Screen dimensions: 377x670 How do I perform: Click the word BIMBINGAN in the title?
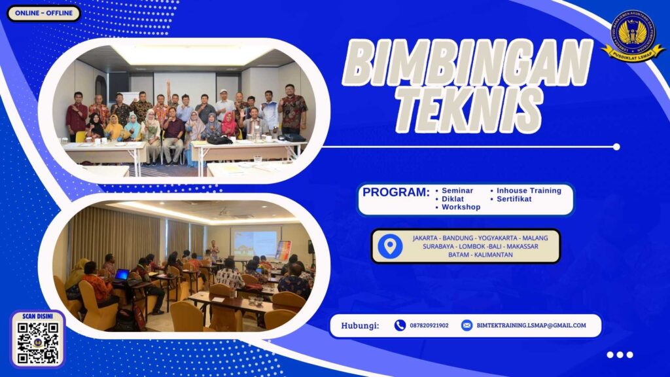click(x=468, y=65)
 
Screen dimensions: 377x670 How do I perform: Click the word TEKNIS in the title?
click(x=468, y=104)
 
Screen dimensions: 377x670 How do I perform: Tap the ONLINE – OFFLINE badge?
click(x=43, y=13)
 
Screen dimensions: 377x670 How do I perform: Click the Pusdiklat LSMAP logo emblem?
click(x=633, y=36)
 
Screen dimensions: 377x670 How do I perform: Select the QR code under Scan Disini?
click(x=38, y=342)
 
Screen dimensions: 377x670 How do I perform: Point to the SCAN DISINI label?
click(x=37, y=315)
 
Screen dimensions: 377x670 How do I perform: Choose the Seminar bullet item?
click(x=457, y=190)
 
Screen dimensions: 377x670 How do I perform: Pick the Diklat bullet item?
click(x=453, y=198)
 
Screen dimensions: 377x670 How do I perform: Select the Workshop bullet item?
click(x=461, y=207)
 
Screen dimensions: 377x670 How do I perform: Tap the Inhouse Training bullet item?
click(x=529, y=190)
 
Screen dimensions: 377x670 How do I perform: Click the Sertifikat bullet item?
click(x=514, y=199)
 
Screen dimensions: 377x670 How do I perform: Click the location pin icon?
click(x=390, y=246)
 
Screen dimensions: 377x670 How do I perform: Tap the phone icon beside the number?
click(x=400, y=325)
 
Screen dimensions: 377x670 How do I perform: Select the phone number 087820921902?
click(x=429, y=325)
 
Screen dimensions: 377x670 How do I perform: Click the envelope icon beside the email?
click(x=467, y=325)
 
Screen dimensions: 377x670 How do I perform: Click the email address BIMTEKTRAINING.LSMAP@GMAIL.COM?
click(x=531, y=325)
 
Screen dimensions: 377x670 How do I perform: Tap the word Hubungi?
click(x=360, y=325)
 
